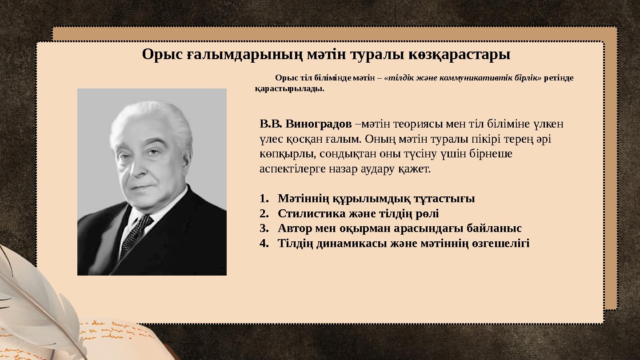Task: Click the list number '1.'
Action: [x=265, y=199]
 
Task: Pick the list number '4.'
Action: [x=265, y=244]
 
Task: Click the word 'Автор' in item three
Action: [x=296, y=228]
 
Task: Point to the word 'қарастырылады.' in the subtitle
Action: [x=289, y=88]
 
